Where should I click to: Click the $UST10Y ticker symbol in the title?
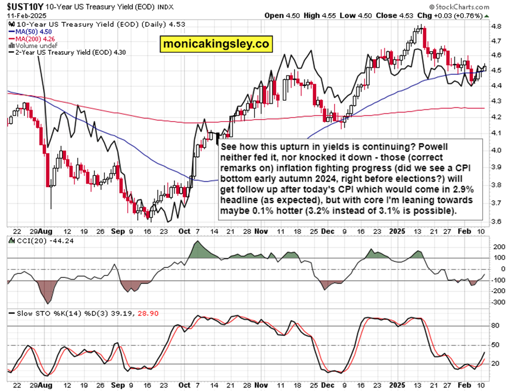point(22,7)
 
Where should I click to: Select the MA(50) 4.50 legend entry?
point(31,31)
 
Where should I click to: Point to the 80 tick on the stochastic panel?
point(495,327)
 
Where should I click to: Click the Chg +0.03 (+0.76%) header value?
point(454,15)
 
